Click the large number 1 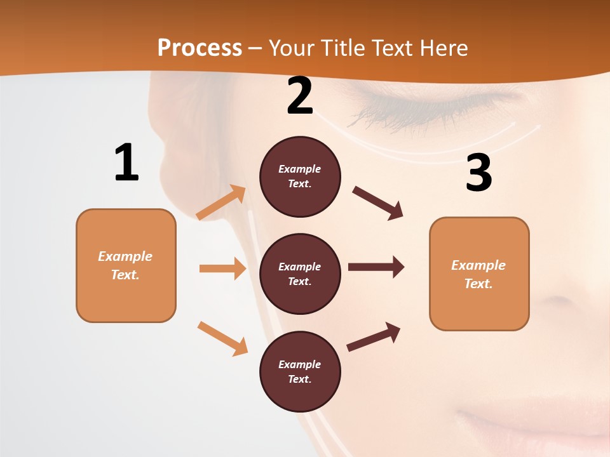point(126,163)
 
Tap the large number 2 point(300,96)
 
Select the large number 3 point(478,173)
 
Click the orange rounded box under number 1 point(126,265)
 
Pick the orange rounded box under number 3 point(479,274)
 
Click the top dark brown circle point(300,176)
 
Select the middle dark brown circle point(300,274)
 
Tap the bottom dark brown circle point(300,371)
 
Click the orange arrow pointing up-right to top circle point(221,202)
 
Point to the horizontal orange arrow point(222,268)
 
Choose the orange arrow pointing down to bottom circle point(222,338)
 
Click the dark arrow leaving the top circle point(378,202)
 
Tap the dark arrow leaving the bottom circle point(374,336)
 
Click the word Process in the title point(200,48)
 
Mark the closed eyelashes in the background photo point(388,114)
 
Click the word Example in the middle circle point(300,267)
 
